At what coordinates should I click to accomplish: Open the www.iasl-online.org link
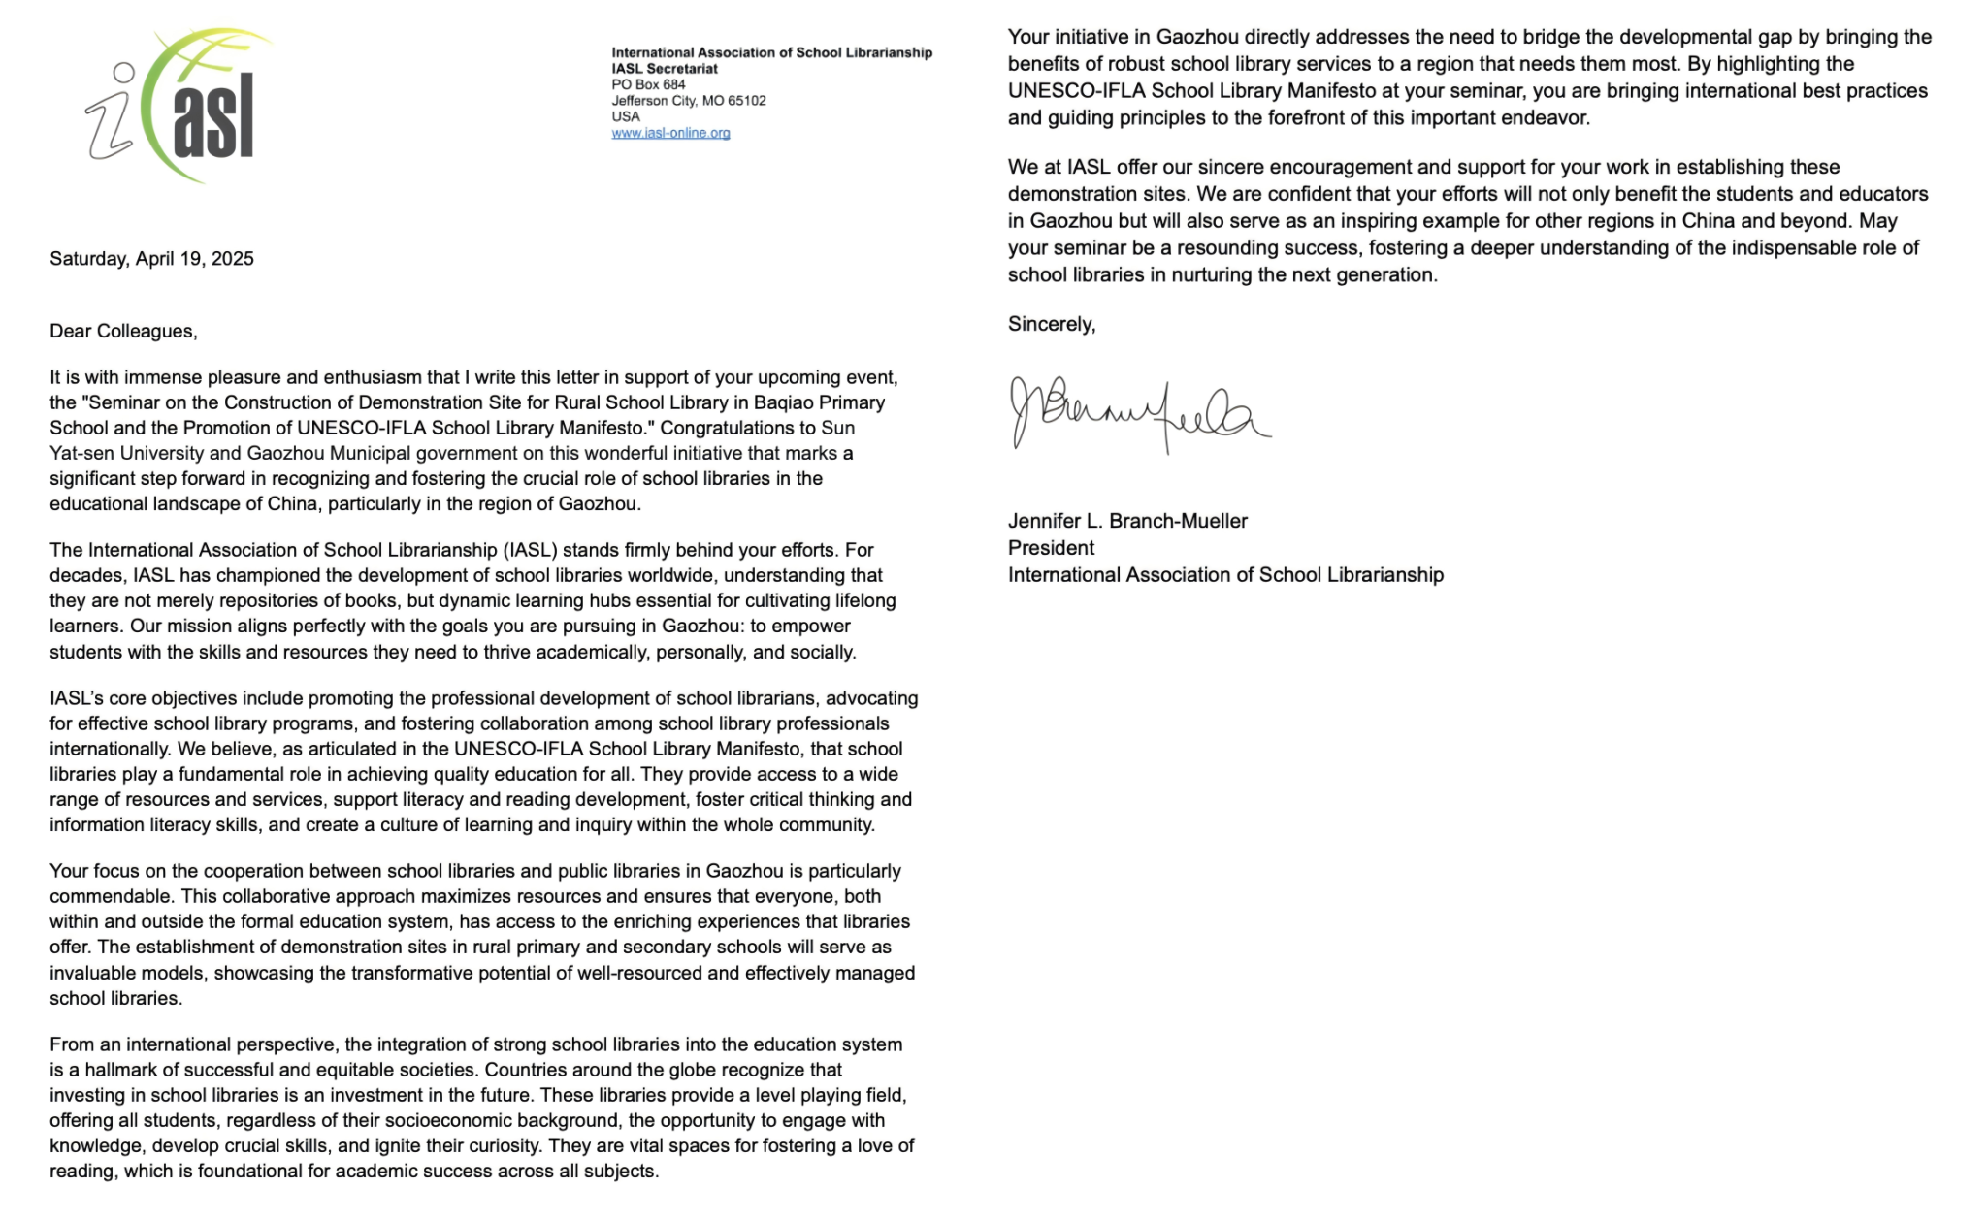tap(670, 133)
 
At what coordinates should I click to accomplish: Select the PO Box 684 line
tap(648, 84)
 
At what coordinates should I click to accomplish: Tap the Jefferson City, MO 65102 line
tap(688, 100)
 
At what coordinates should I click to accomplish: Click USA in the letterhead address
tap(626, 116)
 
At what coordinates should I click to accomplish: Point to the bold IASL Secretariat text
tap(665, 69)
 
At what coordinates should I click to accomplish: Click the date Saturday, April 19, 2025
tap(151, 259)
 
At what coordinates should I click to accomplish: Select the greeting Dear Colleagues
tap(123, 332)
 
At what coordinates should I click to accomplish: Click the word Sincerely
tap(1051, 324)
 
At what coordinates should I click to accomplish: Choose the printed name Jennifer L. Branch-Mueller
tap(1127, 521)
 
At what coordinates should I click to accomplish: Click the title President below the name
tap(1051, 548)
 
